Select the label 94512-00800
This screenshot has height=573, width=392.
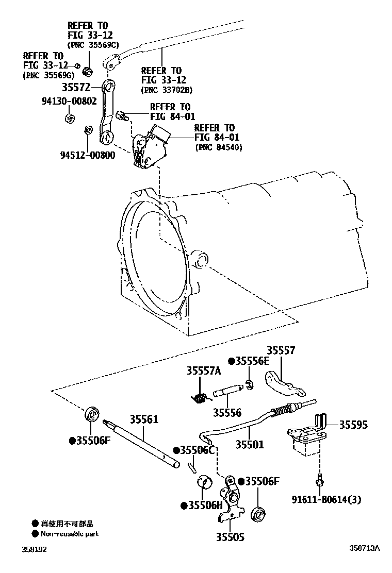[87, 155]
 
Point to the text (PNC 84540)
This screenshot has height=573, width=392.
[219, 148]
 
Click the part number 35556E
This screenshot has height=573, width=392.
[252, 361]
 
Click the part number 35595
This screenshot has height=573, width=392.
[353, 425]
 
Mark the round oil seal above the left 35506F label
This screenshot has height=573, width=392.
[92, 414]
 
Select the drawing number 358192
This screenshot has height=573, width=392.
[34, 550]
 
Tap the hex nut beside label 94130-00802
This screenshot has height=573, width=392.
[69, 117]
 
